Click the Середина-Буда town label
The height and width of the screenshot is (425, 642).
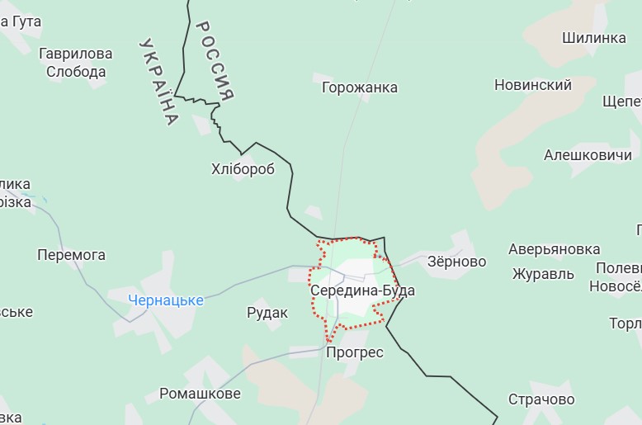point(362,291)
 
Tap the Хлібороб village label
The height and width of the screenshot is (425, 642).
point(243,169)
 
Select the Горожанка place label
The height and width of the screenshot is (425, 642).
point(359,87)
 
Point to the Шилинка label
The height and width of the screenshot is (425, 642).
point(594,38)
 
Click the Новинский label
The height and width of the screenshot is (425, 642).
point(533,85)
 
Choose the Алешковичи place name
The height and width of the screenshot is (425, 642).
point(588,155)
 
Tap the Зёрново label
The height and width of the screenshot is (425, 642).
point(456,262)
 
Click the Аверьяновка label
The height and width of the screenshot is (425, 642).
point(554,249)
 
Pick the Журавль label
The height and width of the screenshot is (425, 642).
point(542,274)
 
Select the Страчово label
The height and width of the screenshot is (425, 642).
point(541,399)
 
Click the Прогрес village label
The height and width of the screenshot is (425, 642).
point(355,352)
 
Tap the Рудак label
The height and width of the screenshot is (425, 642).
point(267,313)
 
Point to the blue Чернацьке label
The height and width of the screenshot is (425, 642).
point(166,300)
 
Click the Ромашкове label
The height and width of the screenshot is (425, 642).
point(200,394)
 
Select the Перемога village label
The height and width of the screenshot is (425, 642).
point(71,255)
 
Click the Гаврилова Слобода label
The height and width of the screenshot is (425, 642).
point(76,63)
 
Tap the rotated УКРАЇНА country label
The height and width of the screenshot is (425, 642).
point(159,81)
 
